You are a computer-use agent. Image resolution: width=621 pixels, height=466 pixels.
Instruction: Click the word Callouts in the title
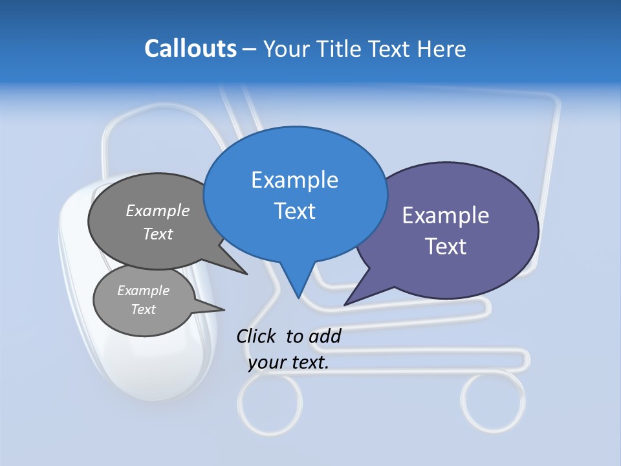click(190, 49)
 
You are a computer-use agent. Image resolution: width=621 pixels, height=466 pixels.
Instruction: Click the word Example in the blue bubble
click(294, 180)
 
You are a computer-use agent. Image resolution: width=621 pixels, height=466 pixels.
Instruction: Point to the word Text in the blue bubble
click(294, 211)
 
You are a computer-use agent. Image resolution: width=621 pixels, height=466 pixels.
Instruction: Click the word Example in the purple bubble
click(445, 216)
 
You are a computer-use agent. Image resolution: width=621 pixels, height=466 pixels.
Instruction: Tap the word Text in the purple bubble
click(446, 247)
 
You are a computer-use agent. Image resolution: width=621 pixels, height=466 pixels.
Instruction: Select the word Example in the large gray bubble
click(157, 211)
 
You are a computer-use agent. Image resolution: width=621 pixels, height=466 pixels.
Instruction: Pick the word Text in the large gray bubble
click(158, 234)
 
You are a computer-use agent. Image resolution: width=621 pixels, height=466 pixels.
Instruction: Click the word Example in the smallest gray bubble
click(143, 291)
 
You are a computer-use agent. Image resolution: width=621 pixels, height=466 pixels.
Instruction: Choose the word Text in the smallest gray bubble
click(143, 309)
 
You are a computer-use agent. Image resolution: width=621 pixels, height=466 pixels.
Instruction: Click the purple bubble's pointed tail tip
click(345, 304)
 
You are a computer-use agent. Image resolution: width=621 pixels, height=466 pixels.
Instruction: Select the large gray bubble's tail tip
click(246, 274)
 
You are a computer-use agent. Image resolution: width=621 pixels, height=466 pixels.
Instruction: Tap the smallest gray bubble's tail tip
click(224, 309)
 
